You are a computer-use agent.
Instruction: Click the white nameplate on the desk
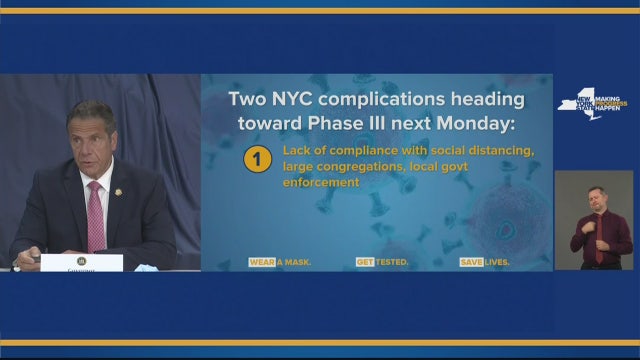(x=82, y=262)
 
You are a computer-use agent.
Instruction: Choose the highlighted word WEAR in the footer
(x=262, y=262)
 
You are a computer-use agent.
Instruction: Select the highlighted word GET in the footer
(x=364, y=262)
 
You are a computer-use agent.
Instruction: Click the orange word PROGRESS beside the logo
(x=612, y=102)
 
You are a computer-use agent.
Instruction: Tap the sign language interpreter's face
(x=597, y=198)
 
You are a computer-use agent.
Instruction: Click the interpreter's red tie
(x=598, y=240)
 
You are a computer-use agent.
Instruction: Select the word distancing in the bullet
(x=497, y=151)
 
